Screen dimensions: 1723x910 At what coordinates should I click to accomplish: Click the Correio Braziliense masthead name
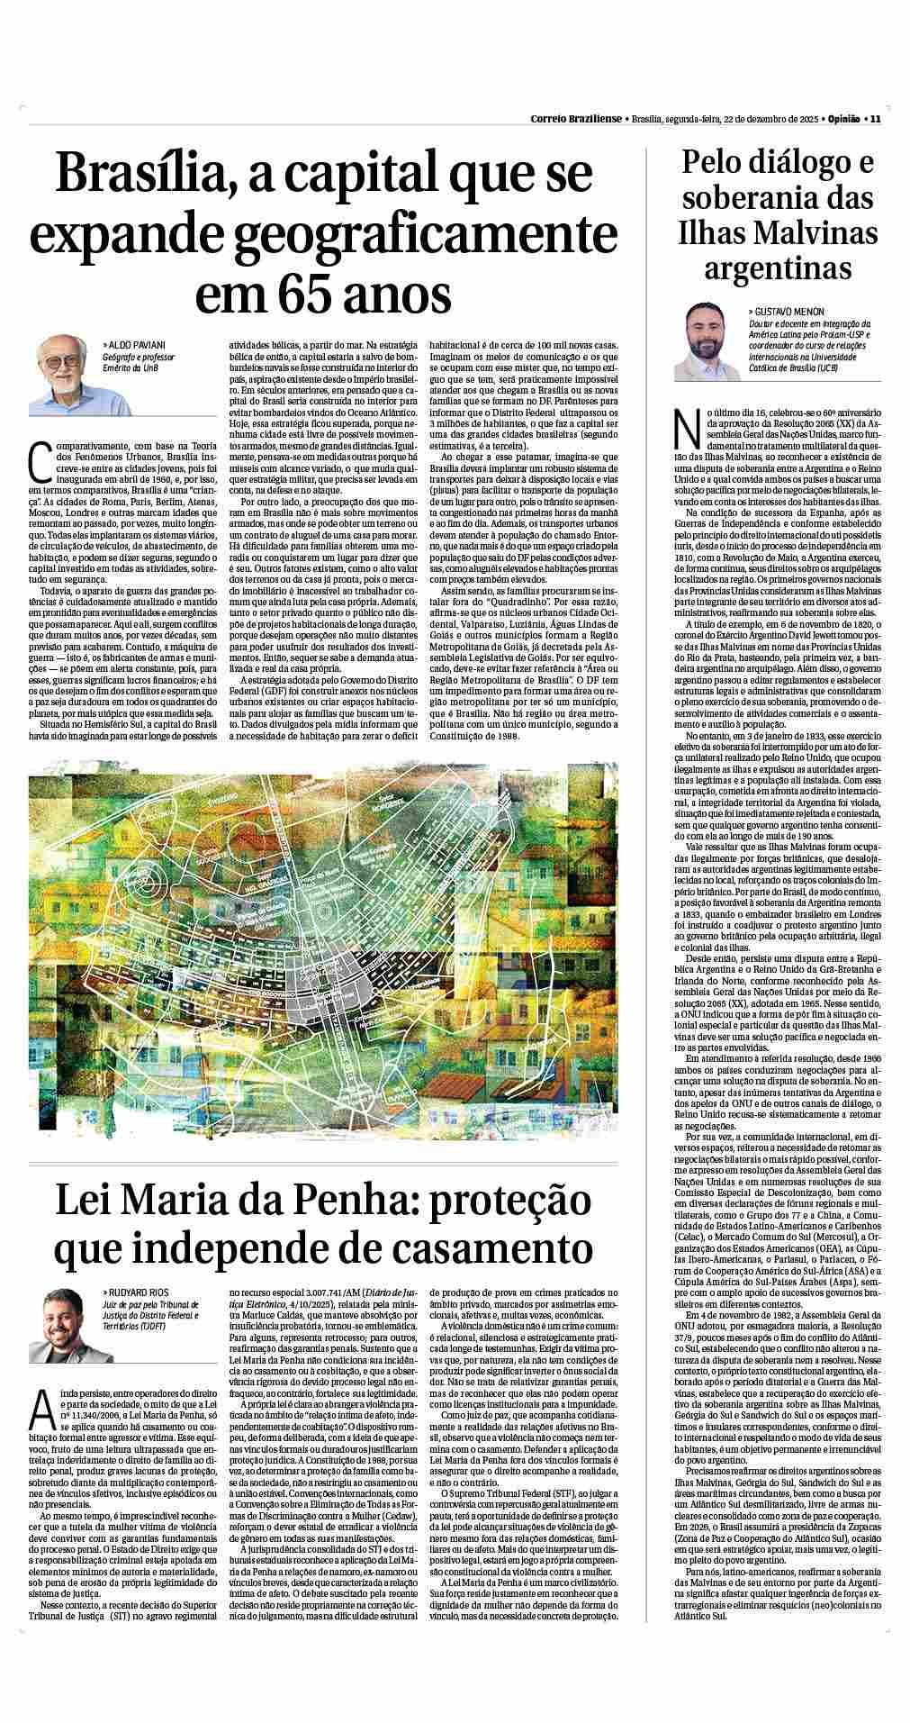[575, 118]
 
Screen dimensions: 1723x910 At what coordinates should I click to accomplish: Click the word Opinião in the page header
[842, 118]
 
